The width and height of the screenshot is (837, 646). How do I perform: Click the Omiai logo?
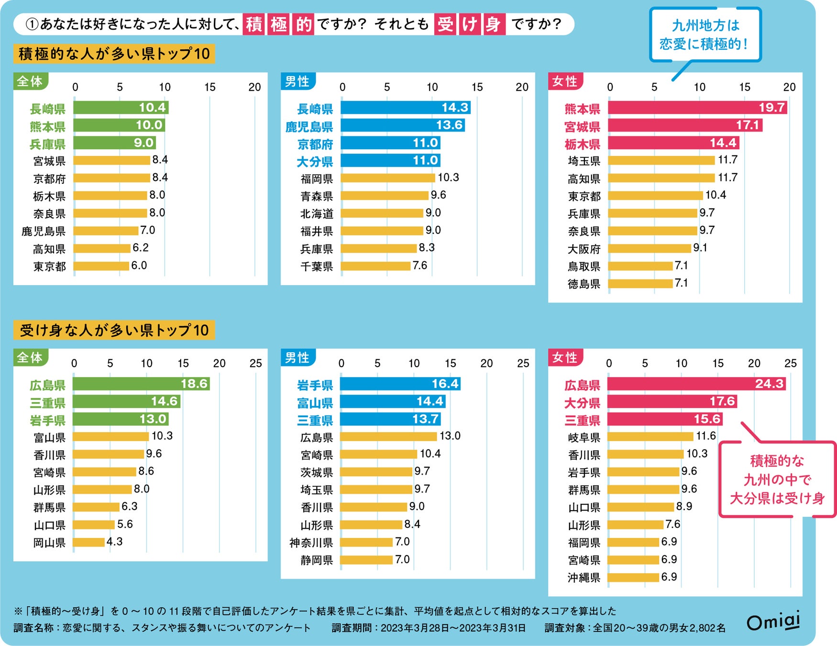[x=773, y=622]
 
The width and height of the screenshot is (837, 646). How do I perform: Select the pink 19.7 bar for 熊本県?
[x=697, y=108]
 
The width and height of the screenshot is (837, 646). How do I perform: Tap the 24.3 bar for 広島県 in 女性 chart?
[x=696, y=384]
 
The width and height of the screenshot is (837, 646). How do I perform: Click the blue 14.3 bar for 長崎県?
[x=405, y=108]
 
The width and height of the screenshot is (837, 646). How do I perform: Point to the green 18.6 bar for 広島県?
[x=141, y=384]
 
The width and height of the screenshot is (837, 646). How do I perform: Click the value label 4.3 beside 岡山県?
[x=114, y=542]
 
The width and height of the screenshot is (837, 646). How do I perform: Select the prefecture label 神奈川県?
[x=311, y=543]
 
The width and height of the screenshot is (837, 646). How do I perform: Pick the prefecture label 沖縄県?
[x=584, y=578]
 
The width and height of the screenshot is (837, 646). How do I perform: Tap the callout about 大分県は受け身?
[x=777, y=479]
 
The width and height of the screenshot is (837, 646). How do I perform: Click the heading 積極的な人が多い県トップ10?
[x=114, y=54]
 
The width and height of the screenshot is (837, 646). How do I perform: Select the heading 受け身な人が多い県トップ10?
[x=114, y=330]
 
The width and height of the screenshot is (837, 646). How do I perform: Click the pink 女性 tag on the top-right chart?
[x=565, y=81]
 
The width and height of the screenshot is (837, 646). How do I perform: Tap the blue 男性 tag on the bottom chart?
[x=297, y=357]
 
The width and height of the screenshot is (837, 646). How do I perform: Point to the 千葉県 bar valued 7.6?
[x=375, y=266]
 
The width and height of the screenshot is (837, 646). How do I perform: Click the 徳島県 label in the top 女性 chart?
[x=584, y=284]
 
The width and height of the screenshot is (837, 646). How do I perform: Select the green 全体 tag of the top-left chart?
[x=30, y=81]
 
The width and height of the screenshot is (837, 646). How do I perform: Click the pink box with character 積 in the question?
[x=254, y=24]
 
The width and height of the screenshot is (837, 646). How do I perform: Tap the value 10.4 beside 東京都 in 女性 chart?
[x=716, y=195]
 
